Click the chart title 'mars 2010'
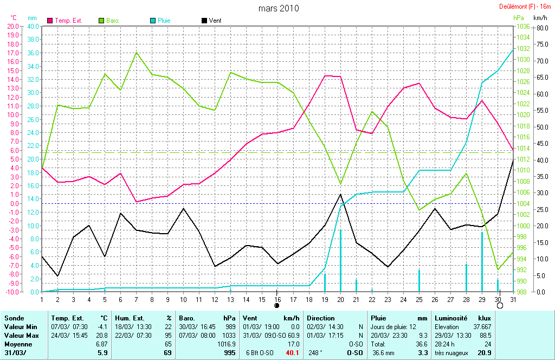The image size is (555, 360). (x=278, y=8)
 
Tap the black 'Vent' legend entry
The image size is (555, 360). (x=215, y=20)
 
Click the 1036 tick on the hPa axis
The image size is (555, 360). (x=523, y=26)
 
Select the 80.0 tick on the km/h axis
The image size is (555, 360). (x=541, y=26)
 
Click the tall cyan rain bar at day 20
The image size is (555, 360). (x=340, y=260)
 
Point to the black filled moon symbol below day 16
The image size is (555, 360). (x=277, y=306)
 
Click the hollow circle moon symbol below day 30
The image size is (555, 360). (x=500, y=306)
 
